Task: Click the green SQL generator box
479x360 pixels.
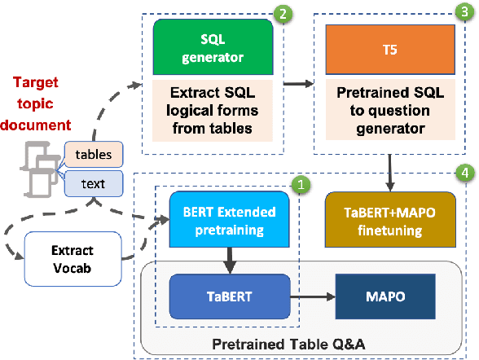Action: (213, 47)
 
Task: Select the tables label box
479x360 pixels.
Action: (94, 154)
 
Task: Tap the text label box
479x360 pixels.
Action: (93, 183)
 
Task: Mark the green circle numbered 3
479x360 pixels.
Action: (464, 13)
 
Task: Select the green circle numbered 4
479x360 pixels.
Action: (464, 173)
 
